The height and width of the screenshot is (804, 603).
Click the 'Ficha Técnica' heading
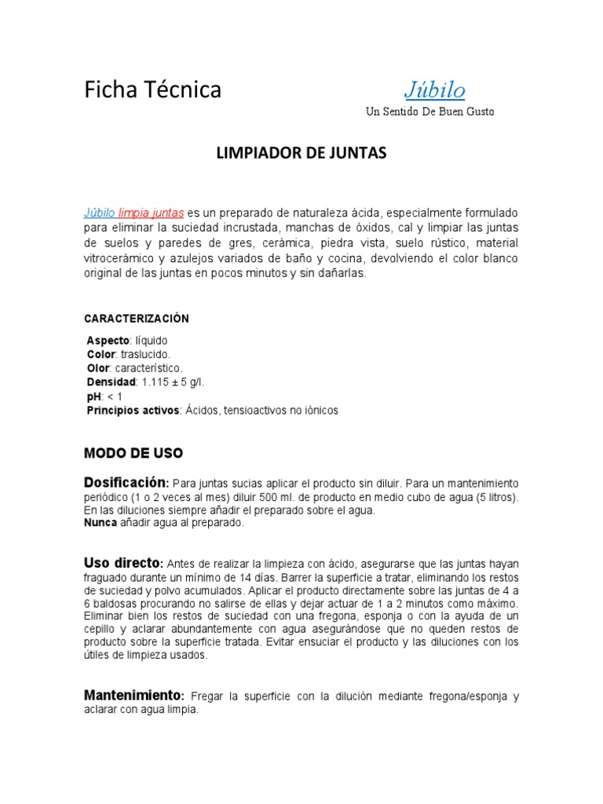pos(153,90)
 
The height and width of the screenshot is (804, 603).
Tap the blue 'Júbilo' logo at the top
pos(434,90)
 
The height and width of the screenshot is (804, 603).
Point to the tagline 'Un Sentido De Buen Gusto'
pos(430,111)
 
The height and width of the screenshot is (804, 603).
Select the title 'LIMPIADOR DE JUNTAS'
pos(301,154)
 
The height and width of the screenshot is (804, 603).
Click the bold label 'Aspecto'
pos(108,342)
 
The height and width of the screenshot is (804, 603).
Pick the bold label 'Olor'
pos(98,368)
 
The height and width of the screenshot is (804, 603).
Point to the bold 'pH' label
pos(93,397)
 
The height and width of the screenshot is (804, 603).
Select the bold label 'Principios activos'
pos(133,411)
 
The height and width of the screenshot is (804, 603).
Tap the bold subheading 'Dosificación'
pos(126,481)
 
